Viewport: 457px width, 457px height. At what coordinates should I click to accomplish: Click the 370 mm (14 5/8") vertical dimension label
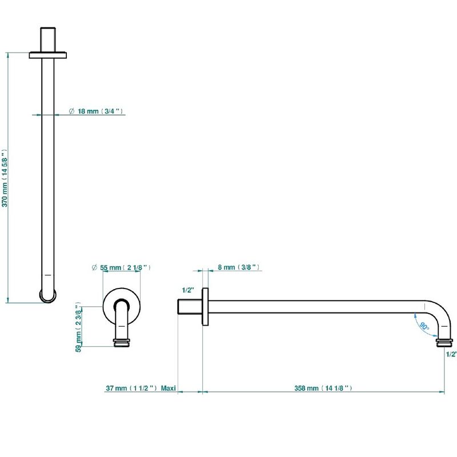[5, 178]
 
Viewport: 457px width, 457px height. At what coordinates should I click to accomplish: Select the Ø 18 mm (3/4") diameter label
[95, 111]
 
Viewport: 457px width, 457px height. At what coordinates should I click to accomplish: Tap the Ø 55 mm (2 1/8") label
[121, 267]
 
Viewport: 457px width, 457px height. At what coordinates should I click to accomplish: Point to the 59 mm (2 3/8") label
[78, 327]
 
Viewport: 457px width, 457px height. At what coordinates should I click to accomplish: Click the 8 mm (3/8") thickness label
[238, 267]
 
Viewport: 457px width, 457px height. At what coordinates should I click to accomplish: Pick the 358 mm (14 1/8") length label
[323, 388]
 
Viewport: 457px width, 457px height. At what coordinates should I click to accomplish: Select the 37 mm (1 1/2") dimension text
[131, 388]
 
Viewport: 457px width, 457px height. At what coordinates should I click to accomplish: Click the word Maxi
[168, 388]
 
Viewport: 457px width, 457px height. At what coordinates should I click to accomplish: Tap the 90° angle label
[424, 326]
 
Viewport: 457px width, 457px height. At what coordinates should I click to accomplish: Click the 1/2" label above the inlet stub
[188, 290]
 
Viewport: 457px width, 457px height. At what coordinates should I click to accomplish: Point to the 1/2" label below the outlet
[451, 354]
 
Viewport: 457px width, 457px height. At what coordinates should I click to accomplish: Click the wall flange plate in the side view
[205, 307]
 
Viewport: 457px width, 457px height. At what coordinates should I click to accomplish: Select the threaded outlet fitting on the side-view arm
[444, 343]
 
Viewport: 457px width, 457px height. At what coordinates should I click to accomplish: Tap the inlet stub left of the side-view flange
[190, 307]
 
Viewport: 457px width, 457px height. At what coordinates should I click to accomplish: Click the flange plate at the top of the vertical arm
[48, 55]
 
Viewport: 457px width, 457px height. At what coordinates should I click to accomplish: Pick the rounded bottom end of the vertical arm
[48, 296]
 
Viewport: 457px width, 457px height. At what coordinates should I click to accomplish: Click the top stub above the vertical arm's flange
[48, 40]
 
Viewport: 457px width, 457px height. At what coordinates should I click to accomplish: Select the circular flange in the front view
[122, 307]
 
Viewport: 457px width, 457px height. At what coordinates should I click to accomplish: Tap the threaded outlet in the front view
[122, 343]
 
